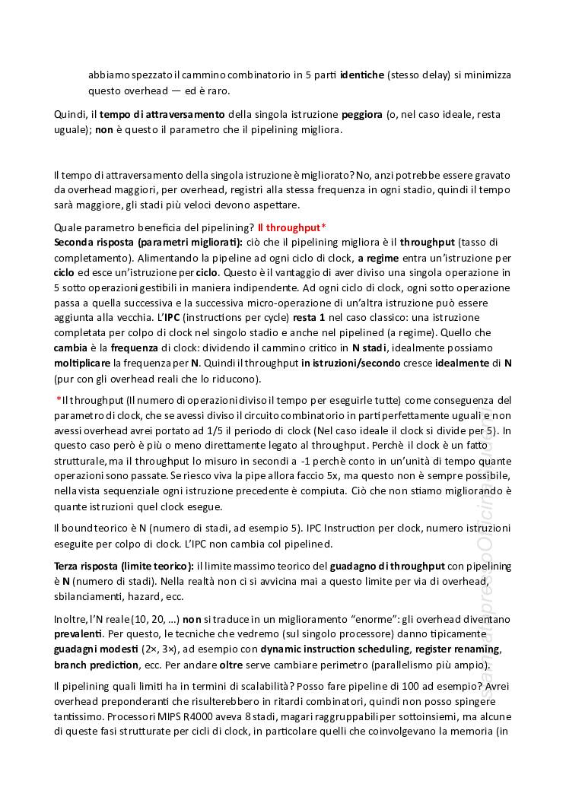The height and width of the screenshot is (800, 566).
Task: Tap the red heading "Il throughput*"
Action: (x=292, y=227)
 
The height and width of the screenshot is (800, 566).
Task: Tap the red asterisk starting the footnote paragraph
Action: (x=59, y=400)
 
